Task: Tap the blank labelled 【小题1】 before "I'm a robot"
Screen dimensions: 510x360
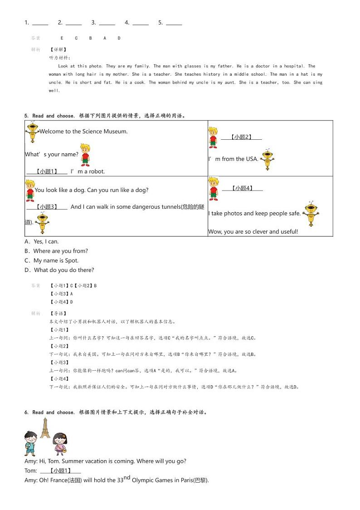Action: (x=47, y=172)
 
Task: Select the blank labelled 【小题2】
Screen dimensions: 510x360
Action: (x=241, y=137)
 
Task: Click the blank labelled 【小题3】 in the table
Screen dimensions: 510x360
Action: (x=47, y=207)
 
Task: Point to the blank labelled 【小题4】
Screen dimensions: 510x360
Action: (x=242, y=188)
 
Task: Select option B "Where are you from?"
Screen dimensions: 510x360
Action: (x=56, y=251)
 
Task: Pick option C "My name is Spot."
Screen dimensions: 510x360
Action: (x=52, y=260)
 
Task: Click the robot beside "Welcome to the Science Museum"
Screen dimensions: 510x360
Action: (x=32, y=131)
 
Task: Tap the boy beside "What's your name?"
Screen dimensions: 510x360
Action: (x=85, y=154)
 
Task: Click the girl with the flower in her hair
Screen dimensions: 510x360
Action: (x=59, y=443)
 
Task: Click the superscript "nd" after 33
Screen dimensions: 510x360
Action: (x=127, y=477)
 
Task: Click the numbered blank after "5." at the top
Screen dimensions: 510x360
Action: (x=174, y=23)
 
